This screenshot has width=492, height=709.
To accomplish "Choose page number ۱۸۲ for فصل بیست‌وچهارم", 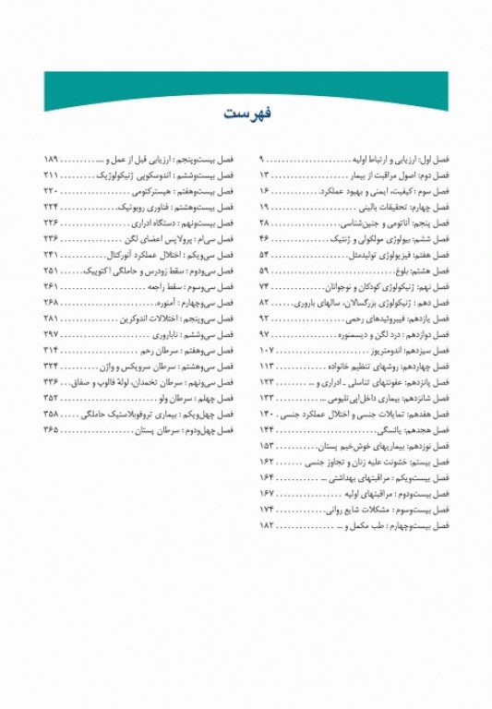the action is point(267,523).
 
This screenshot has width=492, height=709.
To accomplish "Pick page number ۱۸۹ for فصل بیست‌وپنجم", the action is point(52,160).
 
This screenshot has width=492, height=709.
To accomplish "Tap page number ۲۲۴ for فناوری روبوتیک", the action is point(52,207).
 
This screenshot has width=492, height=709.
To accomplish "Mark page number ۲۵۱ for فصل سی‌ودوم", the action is point(52,270).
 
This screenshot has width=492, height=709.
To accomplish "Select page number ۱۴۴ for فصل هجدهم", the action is point(267,429).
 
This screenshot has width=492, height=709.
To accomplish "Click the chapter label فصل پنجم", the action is point(432,222).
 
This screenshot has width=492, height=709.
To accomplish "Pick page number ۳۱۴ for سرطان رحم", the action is point(52,350).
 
